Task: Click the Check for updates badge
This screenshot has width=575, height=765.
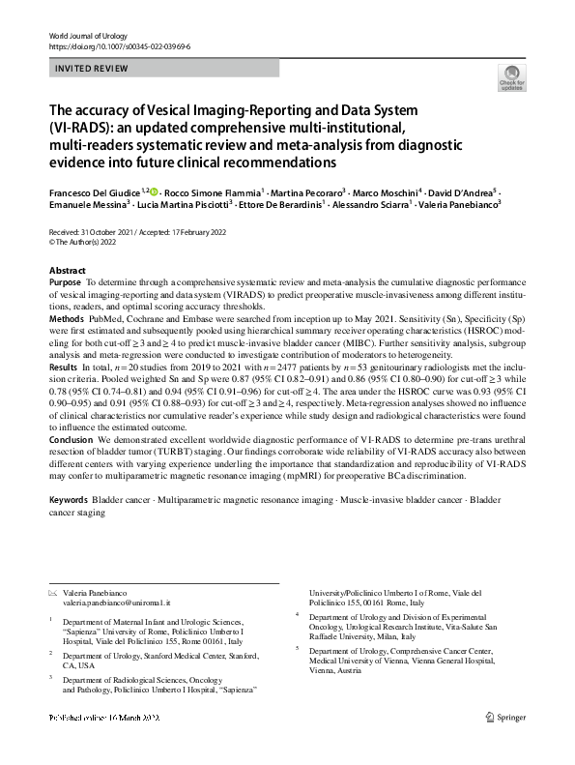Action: pyautogui.click(x=509, y=78)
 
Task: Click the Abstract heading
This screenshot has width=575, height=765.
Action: pyautogui.click(x=67, y=270)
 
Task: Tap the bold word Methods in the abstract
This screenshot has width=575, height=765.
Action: pyautogui.click(x=66, y=316)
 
